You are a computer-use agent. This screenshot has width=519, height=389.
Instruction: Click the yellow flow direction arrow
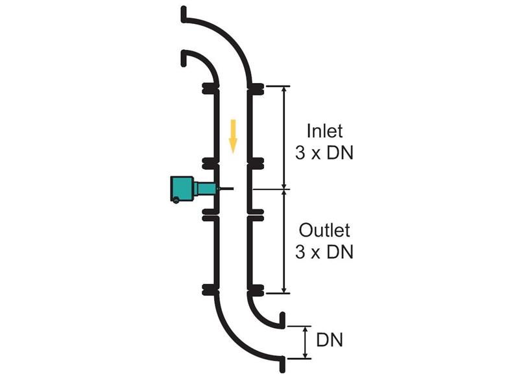(x=234, y=136)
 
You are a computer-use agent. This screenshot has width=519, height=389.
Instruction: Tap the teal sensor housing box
(x=182, y=189)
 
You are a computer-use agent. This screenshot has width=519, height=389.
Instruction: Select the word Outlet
(x=324, y=230)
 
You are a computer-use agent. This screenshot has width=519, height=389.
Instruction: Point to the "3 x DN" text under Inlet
(x=324, y=153)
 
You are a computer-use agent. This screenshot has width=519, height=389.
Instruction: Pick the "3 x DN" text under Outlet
(x=324, y=252)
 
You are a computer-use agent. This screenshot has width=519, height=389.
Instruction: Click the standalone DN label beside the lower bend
(x=330, y=340)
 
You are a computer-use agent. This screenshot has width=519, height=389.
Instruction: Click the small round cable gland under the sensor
(x=176, y=200)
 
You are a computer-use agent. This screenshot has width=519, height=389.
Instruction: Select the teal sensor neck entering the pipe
(x=205, y=189)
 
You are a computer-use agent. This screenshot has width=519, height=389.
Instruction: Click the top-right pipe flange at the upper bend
(x=256, y=89)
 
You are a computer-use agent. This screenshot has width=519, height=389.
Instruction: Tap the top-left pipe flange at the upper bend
(x=210, y=89)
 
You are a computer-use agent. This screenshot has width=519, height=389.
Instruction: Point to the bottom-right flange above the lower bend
(x=256, y=290)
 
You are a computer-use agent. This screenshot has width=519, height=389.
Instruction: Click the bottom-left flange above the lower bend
(x=210, y=290)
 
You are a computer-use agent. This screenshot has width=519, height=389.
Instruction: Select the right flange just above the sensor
(x=256, y=163)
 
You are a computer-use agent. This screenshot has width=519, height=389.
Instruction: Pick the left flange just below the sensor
(x=210, y=215)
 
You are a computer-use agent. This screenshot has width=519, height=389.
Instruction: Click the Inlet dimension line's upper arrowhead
(x=284, y=89)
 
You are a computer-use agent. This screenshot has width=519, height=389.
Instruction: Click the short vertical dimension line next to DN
(x=306, y=342)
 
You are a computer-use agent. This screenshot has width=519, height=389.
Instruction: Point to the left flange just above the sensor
(x=210, y=163)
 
